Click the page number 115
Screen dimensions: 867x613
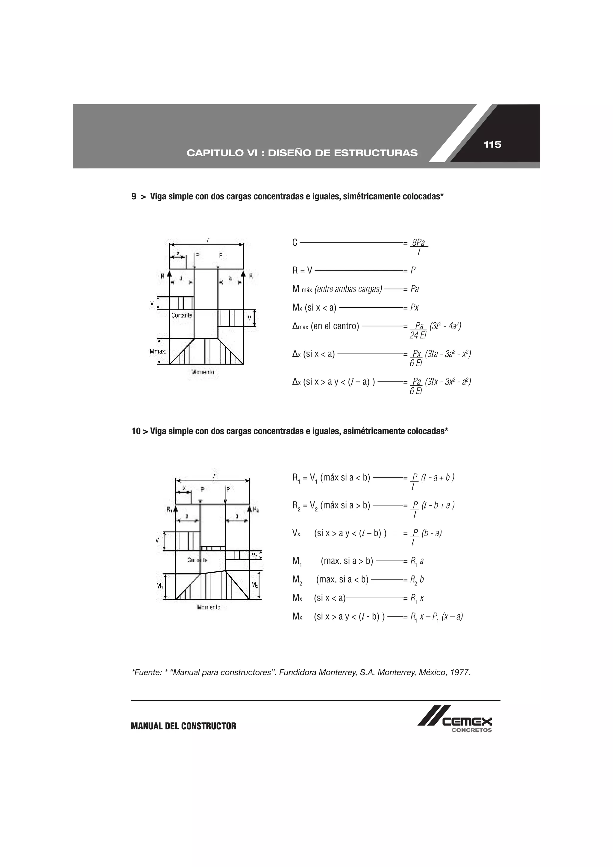[x=492, y=145]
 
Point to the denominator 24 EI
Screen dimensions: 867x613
[x=417, y=335]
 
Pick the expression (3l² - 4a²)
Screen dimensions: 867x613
[x=445, y=326]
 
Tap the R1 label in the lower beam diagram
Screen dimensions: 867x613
[x=170, y=509]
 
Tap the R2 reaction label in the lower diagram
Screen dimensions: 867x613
[x=255, y=509]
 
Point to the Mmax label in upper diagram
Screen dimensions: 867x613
[x=158, y=351]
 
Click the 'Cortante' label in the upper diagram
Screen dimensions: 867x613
[x=182, y=315]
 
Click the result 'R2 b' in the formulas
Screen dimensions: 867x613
[x=417, y=580]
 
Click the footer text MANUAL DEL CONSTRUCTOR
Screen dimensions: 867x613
[x=183, y=726]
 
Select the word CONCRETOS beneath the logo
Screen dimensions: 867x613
[x=471, y=730]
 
